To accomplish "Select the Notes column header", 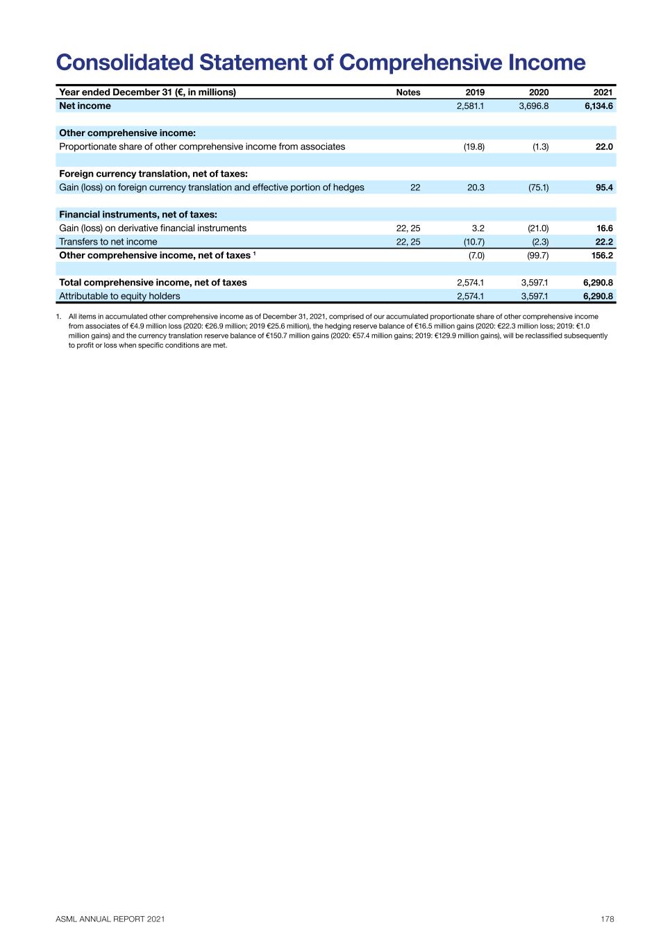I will tap(408, 92).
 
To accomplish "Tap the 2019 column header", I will tap(475, 92).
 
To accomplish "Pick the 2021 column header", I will tap(603, 92).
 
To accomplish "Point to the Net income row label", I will tap(85, 106).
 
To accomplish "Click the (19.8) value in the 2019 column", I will tap(474, 147).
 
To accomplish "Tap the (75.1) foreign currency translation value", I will tap(538, 188).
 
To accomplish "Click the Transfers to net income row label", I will tap(108, 242).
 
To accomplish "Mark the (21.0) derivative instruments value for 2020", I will tap(538, 228).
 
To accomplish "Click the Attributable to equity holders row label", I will tap(119, 296).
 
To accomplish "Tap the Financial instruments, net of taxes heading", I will tap(138, 215).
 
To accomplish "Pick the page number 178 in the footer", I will tap(608, 919).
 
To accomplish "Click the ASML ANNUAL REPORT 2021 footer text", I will tap(110, 919).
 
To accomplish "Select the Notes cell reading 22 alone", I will tap(415, 188).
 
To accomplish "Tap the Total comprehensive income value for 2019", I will tap(470, 283).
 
